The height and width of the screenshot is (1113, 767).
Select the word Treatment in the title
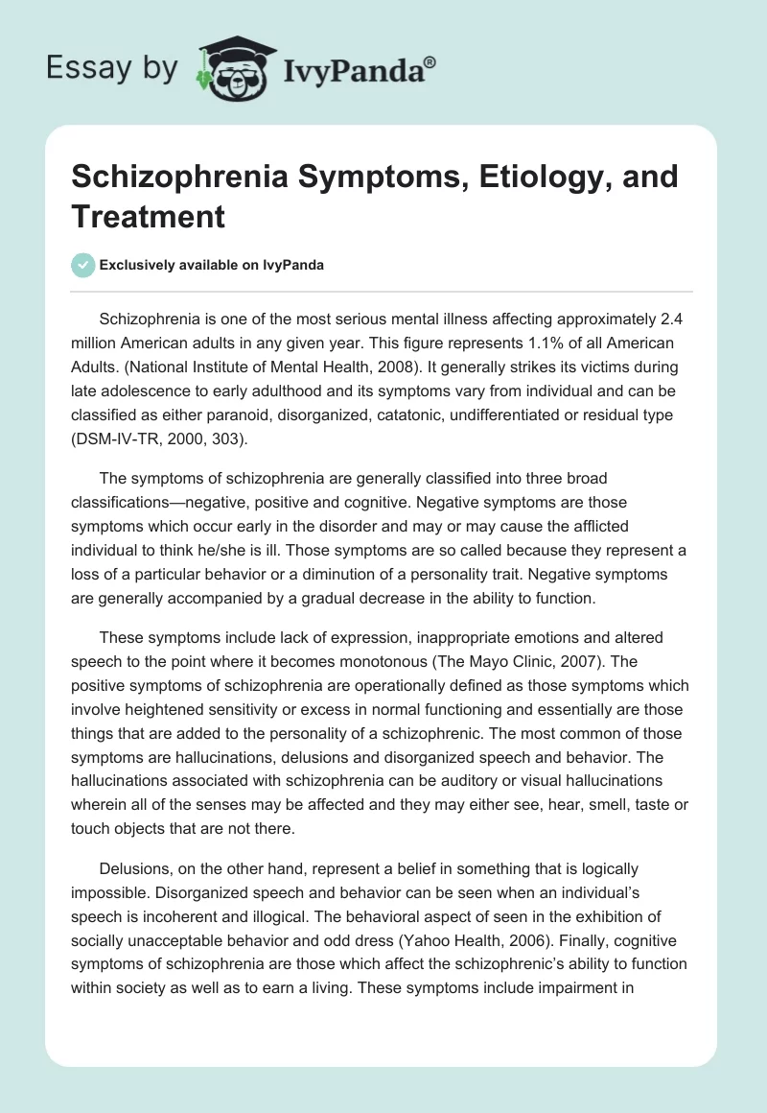pos(148,216)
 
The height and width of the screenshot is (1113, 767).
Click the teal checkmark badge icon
pos(83,265)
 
